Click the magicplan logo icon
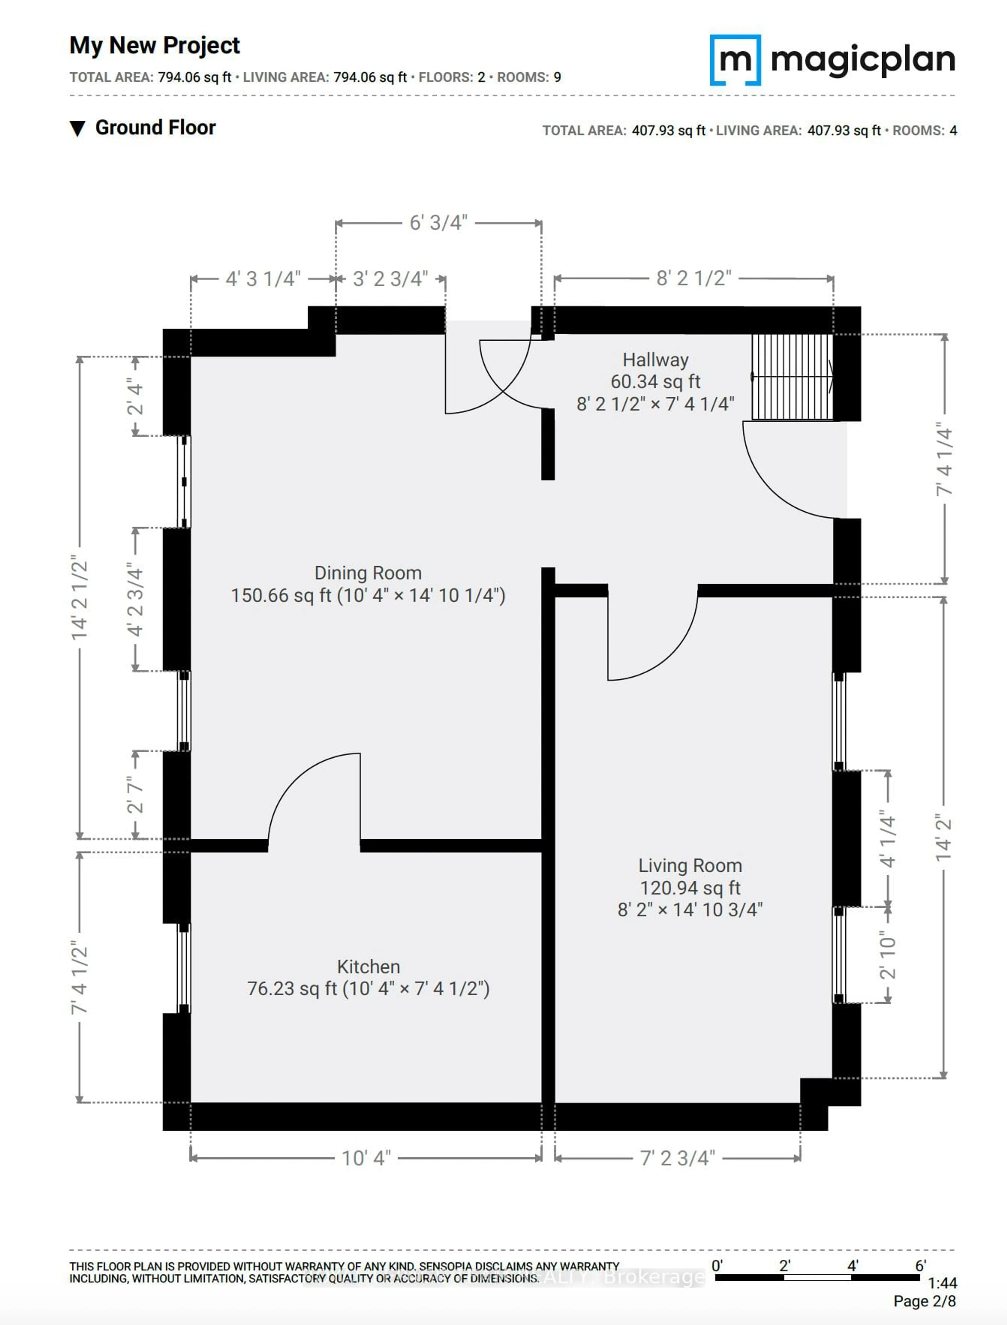(x=735, y=60)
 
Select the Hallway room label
(x=655, y=360)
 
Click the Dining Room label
(x=368, y=573)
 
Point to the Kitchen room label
(x=368, y=967)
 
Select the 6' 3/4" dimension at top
(x=438, y=223)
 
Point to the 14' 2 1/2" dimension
(x=80, y=599)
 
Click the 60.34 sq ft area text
(x=655, y=382)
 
